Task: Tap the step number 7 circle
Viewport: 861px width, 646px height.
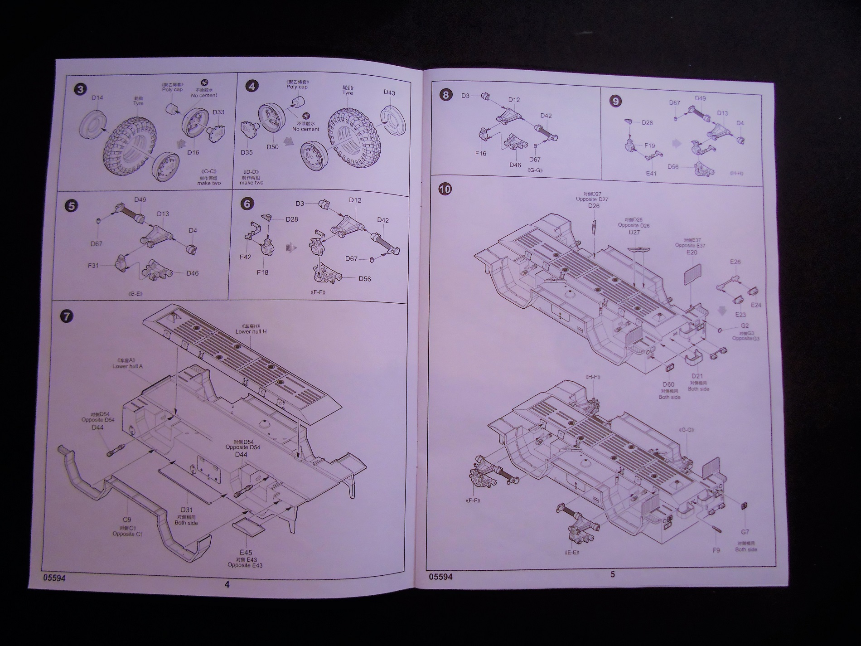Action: [x=66, y=316]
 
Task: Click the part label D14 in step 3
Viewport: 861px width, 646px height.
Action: [x=97, y=97]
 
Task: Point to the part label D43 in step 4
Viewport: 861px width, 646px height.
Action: [x=389, y=92]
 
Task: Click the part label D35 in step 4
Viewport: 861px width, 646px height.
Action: [x=247, y=152]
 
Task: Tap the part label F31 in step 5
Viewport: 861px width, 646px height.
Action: [x=93, y=266]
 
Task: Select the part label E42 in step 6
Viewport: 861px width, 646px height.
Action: [x=245, y=256]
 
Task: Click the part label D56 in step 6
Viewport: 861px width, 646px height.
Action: [x=365, y=279]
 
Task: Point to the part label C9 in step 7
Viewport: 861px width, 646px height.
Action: [x=127, y=520]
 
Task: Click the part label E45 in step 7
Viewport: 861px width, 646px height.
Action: [x=246, y=552]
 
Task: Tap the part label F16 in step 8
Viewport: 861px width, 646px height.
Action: [x=481, y=153]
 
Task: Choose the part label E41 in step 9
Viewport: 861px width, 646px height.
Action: [x=651, y=173]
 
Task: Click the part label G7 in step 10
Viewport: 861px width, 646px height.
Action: [x=745, y=532]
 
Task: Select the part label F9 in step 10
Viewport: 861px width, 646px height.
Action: [x=716, y=550]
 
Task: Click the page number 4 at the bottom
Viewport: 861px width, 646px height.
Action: [x=227, y=584]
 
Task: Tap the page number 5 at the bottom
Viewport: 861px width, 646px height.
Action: [x=613, y=574]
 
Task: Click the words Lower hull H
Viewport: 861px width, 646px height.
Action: [x=251, y=331]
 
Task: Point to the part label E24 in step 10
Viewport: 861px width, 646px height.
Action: [x=755, y=305]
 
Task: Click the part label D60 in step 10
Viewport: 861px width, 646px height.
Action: [x=668, y=384]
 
